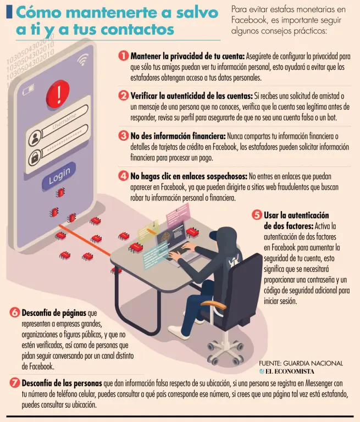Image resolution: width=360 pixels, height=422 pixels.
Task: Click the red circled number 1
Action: (123, 56)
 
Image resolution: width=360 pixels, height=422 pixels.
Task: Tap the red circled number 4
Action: (123, 176)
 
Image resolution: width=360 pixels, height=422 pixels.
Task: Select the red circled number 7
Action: (14, 382)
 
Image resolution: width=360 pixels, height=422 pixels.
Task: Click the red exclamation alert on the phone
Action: (58, 92)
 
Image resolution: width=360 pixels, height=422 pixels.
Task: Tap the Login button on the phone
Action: (59, 176)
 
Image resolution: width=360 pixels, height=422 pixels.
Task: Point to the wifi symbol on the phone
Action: (83, 59)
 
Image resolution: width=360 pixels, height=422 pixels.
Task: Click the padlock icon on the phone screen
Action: (35, 158)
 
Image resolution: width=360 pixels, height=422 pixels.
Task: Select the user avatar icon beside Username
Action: (35, 138)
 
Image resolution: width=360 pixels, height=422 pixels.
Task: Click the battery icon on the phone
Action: (28, 90)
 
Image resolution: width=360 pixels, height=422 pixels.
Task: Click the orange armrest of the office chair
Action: (213, 304)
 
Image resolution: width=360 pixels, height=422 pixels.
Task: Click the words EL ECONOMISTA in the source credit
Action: (290, 371)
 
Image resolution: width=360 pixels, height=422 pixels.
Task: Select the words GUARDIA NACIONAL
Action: (313, 363)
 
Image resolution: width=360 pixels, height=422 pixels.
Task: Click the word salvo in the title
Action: (197, 13)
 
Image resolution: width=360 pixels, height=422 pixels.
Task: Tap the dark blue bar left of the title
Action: (9, 12)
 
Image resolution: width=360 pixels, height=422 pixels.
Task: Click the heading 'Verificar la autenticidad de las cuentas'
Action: (191, 96)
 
